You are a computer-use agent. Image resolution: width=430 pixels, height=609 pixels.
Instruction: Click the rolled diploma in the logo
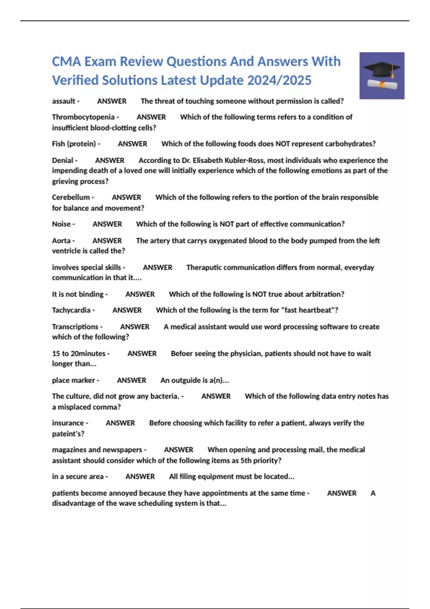tap(382, 85)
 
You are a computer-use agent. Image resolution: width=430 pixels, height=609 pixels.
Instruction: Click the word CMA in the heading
tap(66, 62)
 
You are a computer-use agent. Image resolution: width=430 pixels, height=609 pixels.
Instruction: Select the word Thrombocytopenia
tap(83, 117)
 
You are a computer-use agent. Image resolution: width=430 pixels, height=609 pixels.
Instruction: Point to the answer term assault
tap(63, 101)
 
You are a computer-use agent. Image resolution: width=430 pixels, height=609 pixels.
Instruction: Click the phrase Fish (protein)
tap(74, 144)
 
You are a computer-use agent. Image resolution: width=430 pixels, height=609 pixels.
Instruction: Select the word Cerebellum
tap(71, 197)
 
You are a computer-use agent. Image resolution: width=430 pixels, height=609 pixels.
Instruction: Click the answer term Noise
tap(61, 224)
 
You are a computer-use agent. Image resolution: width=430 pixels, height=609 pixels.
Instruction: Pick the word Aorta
tap(61, 241)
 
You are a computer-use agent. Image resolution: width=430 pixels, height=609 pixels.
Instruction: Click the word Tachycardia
tap(71, 310)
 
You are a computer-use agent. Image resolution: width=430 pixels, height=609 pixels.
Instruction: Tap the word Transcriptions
tap(75, 327)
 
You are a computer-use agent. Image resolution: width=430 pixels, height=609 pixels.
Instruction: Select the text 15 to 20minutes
tap(79, 354)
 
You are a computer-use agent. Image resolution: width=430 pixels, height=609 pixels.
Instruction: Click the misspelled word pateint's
tap(68, 434)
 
